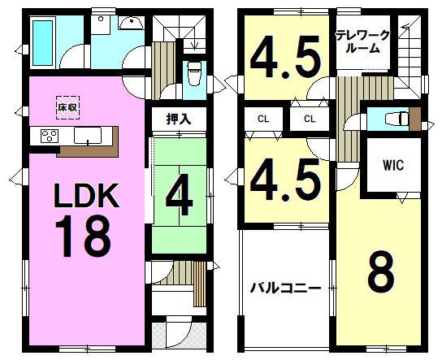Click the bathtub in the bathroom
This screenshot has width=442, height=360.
pos(43,42)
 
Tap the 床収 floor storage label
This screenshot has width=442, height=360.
pos(68,107)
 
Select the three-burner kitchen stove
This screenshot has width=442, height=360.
pos(50,136)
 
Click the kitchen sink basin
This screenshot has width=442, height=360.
pos(88,136)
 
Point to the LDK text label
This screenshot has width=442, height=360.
pos(87,196)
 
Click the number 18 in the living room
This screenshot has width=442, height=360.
pos(83,236)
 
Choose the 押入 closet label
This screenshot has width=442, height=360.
pos(179,119)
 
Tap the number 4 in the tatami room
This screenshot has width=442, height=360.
pos(180,194)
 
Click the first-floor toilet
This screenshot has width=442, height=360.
pos(194,74)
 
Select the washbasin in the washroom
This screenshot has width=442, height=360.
pos(132,23)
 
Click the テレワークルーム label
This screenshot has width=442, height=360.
pos(362,42)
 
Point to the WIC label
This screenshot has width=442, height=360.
pos(393,165)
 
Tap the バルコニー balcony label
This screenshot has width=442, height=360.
pos(286,288)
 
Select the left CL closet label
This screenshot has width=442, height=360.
pos(263,119)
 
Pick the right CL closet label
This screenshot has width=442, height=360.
pos(310,119)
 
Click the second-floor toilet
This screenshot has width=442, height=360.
pos(397,119)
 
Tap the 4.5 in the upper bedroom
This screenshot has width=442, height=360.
pos(285,56)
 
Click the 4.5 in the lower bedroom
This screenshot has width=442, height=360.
pos(285,180)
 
